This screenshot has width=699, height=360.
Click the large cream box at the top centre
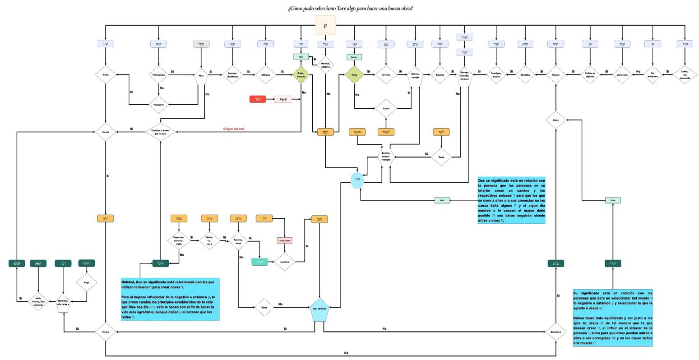[325, 25]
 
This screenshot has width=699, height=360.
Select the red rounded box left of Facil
[257, 99]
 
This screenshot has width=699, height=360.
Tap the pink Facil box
[283, 99]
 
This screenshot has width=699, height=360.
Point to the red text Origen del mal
[234, 129]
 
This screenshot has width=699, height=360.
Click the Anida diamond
[106, 74]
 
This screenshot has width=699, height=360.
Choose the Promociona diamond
[158, 74]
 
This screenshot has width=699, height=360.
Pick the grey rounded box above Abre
[201, 44]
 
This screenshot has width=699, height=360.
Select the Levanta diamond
[386, 74]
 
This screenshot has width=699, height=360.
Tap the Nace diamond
[555, 120]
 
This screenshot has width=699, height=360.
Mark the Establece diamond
[555, 332]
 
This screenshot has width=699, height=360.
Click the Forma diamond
[106, 332]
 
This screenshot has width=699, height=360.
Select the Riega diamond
[87, 283]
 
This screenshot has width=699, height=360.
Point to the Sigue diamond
[264, 307]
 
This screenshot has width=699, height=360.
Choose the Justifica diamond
[284, 262]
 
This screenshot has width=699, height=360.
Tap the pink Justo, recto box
[284, 240]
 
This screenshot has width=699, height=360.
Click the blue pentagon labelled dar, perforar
[320, 309]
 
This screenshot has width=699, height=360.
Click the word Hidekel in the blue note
[128, 282]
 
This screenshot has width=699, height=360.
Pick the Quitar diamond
[386, 108]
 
